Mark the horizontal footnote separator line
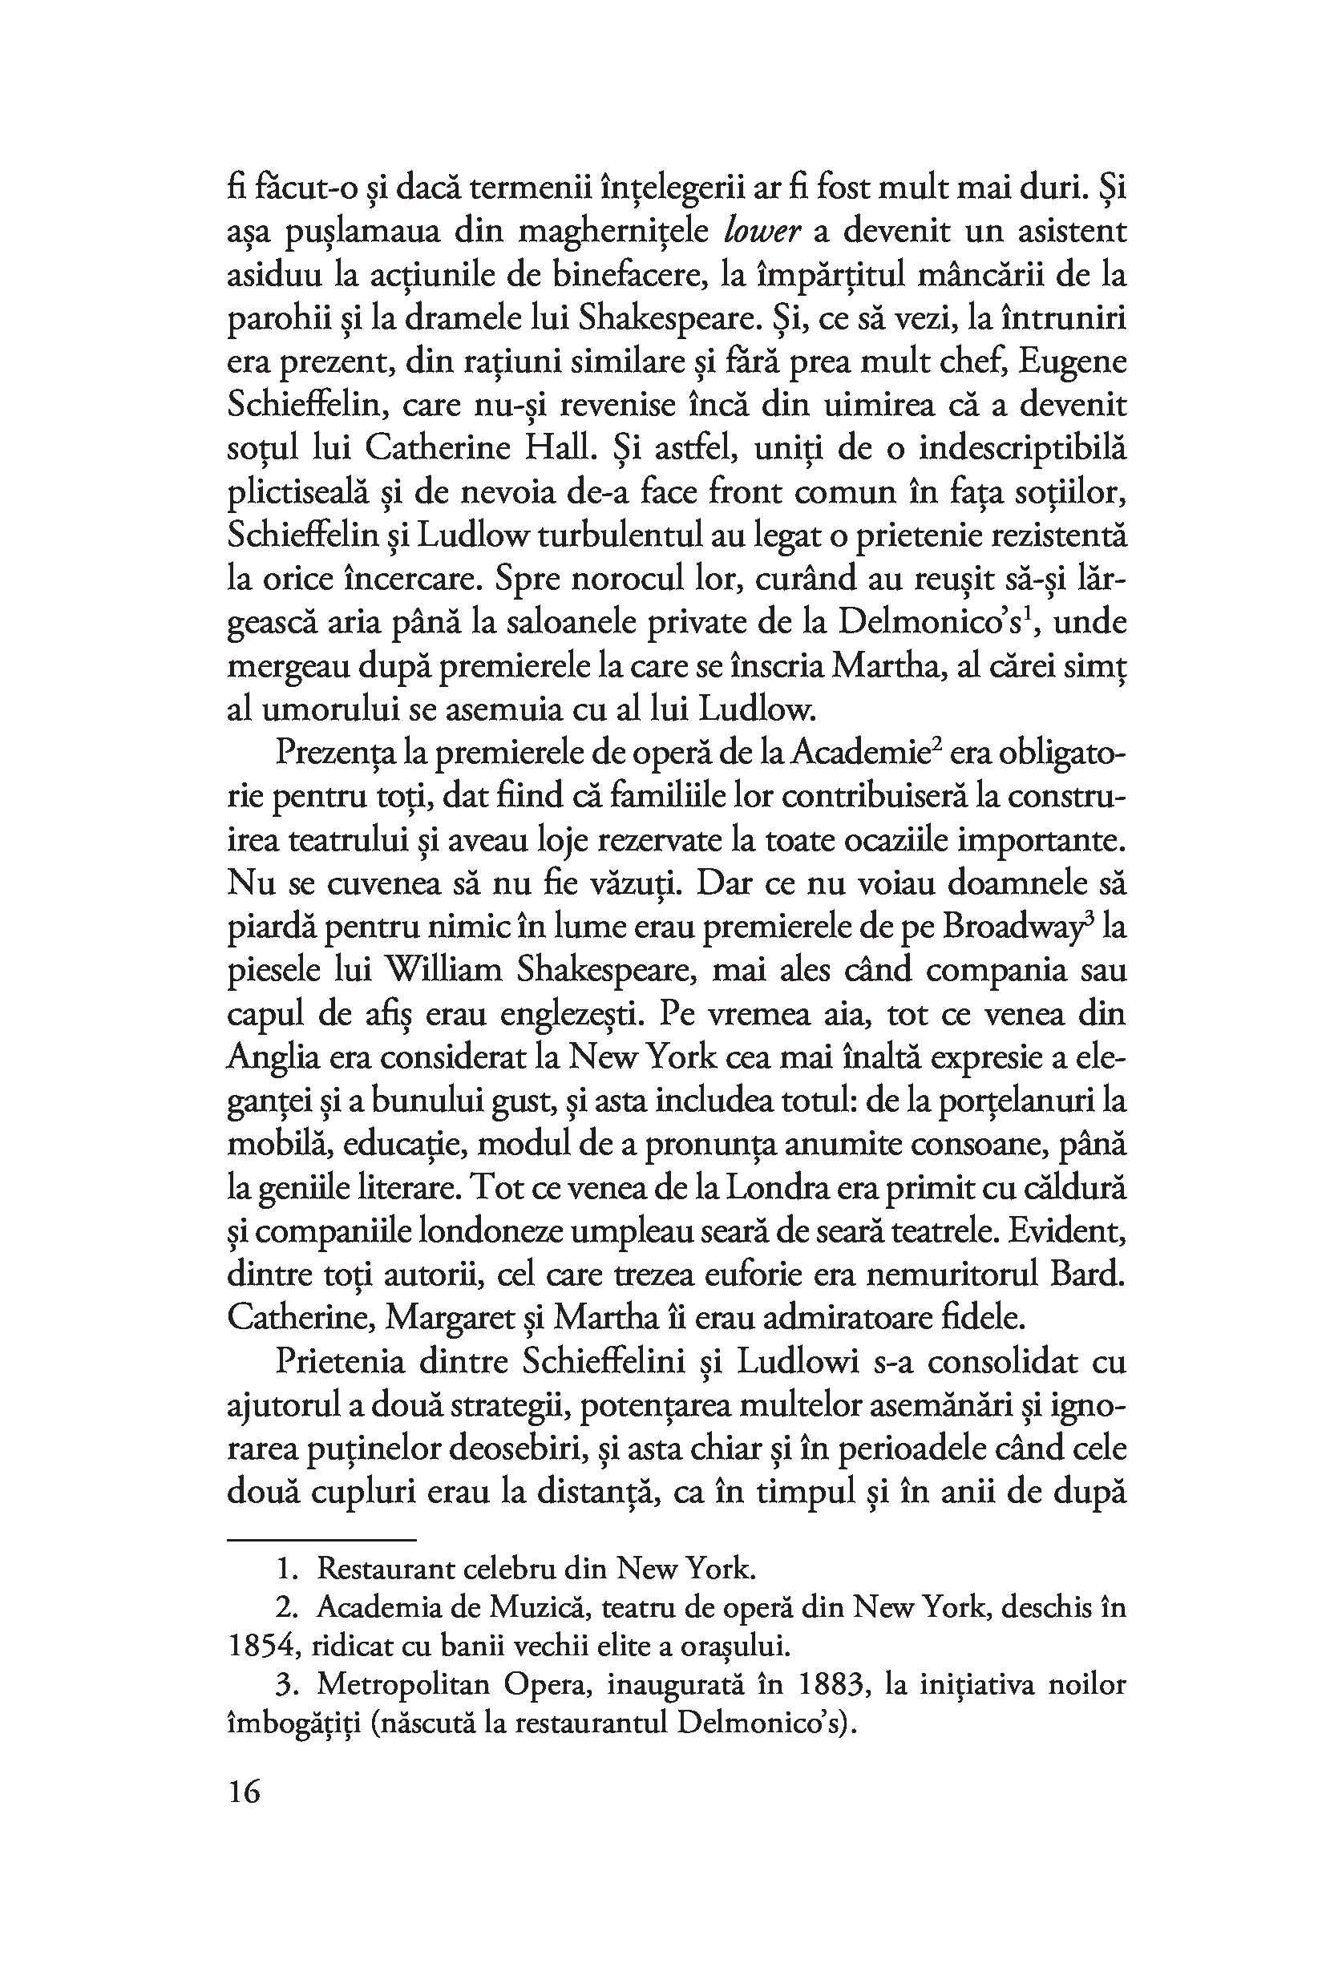(321, 1539)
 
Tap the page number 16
(245, 1791)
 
